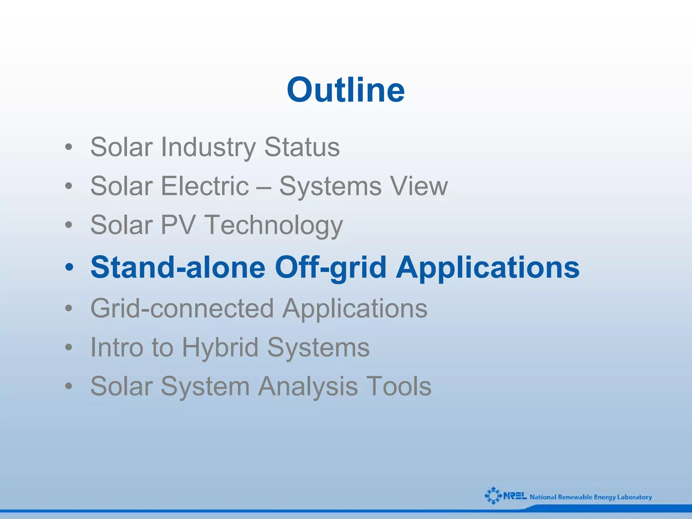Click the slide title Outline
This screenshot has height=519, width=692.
click(x=346, y=90)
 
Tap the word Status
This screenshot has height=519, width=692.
click(x=302, y=147)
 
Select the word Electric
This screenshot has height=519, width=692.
click(x=205, y=186)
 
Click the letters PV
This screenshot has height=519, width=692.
click(x=178, y=225)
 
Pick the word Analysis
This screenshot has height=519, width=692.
click(x=308, y=387)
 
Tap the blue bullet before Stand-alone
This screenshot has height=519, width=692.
click(x=69, y=267)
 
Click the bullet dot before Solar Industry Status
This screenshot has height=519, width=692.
click(x=69, y=148)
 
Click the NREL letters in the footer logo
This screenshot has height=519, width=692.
click(x=515, y=496)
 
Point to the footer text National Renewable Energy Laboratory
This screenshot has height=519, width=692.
click(x=591, y=497)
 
